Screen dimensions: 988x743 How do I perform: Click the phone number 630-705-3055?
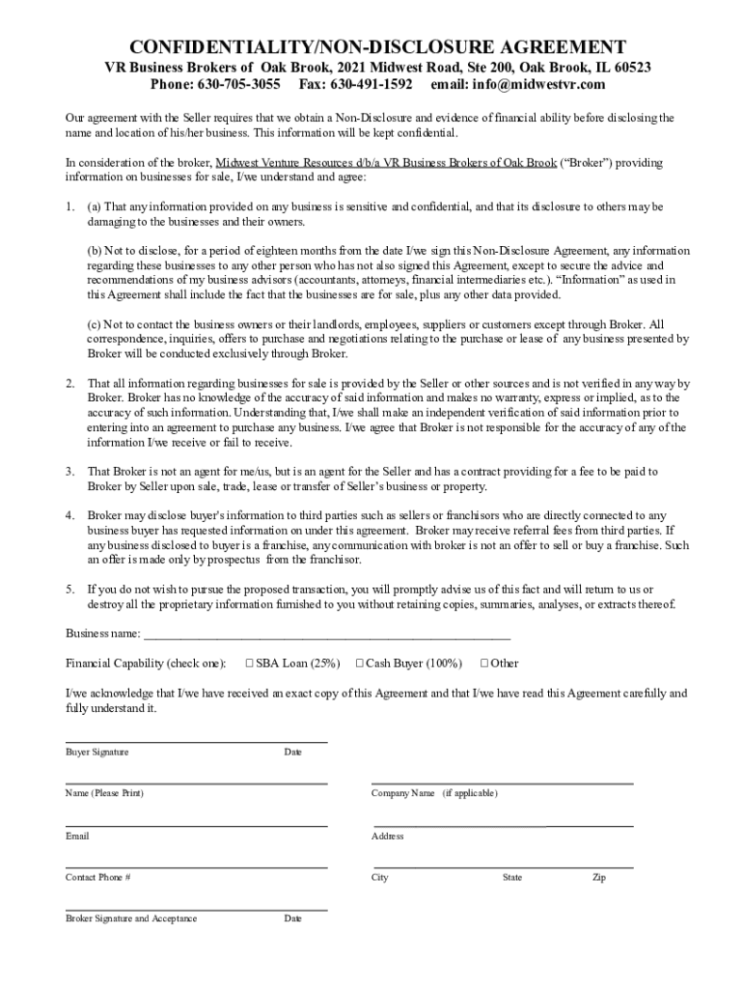pyautogui.click(x=239, y=85)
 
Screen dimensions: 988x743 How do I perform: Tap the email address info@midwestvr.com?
pyautogui.click(x=540, y=85)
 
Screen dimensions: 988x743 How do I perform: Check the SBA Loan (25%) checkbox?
pyautogui.click(x=249, y=663)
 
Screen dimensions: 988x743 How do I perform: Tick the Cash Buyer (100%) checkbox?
pyautogui.click(x=359, y=663)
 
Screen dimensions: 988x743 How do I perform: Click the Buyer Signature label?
pyautogui.click(x=96, y=752)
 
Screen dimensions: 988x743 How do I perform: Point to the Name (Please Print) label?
pyautogui.click(x=104, y=793)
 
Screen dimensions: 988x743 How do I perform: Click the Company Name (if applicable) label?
pyautogui.click(x=434, y=793)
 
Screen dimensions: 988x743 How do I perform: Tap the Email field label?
pyautogui.click(x=77, y=836)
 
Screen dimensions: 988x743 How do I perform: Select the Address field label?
pyautogui.click(x=387, y=836)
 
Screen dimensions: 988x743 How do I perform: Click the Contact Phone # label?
pyautogui.click(x=97, y=878)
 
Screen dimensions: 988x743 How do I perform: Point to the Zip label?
pyautogui.click(x=599, y=878)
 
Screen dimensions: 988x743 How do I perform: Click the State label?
pyautogui.click(x=512, y=878)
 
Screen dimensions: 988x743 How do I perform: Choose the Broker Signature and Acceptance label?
pyautogui.click(x=131, y=919)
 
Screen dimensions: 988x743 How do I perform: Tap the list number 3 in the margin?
pyautogui.click(x=69, y=472)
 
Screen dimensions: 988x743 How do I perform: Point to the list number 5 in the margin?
pyautogui.click(x=69, y=590)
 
